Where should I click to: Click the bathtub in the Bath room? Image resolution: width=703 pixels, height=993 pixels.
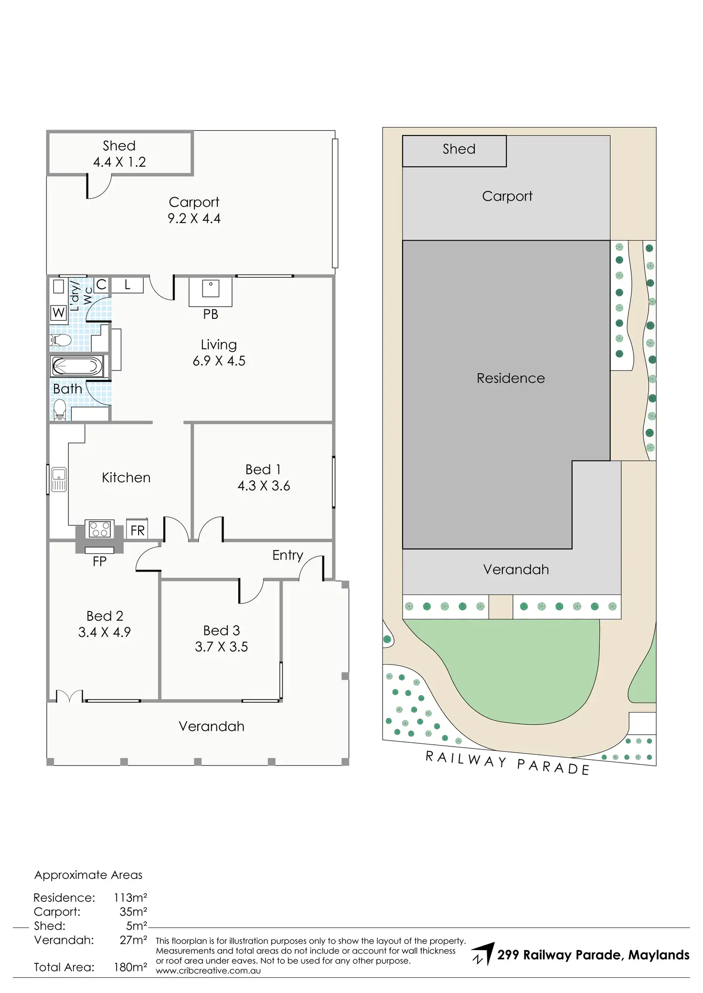77,367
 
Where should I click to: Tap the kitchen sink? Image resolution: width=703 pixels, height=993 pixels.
59,479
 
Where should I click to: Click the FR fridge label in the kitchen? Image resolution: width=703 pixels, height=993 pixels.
138,530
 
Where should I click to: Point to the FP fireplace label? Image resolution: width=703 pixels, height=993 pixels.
99,561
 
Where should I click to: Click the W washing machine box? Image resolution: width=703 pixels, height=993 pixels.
58,313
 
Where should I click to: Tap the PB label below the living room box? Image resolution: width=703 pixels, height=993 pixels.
211,314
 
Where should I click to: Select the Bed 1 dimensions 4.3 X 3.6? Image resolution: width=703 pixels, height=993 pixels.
264,486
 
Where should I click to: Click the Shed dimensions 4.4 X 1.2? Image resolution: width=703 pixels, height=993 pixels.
119,162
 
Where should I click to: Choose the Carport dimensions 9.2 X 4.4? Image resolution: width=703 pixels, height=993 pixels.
194,219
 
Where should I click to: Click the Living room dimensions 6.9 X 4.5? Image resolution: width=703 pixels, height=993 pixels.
219,361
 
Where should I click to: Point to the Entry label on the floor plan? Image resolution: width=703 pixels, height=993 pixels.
288,555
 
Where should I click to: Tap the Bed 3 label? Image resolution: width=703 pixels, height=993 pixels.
222,630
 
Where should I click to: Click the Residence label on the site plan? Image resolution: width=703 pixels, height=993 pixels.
511,378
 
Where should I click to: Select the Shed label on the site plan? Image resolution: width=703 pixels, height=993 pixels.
459,149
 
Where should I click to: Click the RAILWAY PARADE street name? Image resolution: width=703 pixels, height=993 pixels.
507,762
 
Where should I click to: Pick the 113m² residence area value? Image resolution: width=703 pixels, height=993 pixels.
130,898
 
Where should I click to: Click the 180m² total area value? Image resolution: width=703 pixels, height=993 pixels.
130,967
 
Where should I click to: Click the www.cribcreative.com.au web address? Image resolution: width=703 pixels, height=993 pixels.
208,971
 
